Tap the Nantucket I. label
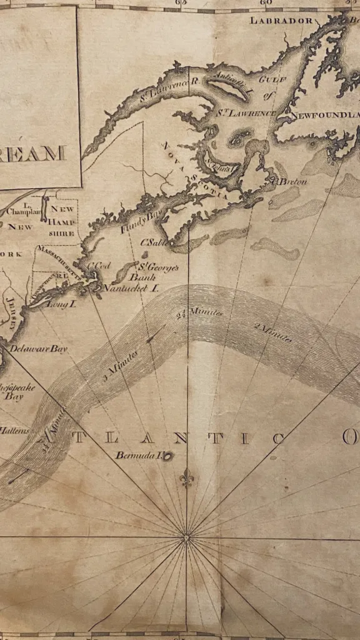(x=131, y=288)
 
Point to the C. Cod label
(x=98, y=265)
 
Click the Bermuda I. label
(x=138, y=455)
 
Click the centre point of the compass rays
(x=186, y=536)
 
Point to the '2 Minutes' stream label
(x=273, y=332)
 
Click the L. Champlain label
(x=22, y=209)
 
